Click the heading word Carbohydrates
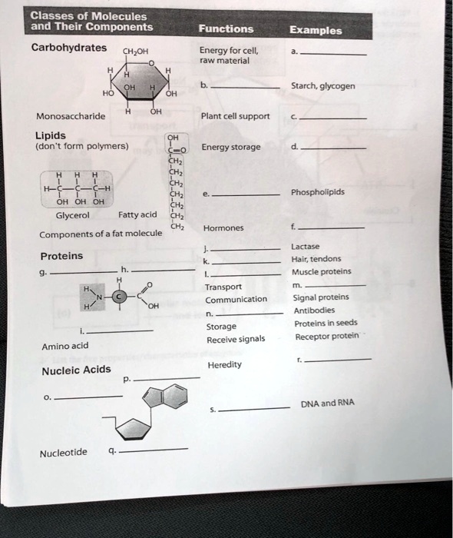tap(69, 48)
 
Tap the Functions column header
tap(226, 29)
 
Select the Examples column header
tap(316, 32)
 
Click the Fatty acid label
tap(137, 214)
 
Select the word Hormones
tap(225, 228)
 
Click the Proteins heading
tap(61, 256)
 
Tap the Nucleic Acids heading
tap(76, 371)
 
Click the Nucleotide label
tap(64, 453)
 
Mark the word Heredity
tap(224, 364)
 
